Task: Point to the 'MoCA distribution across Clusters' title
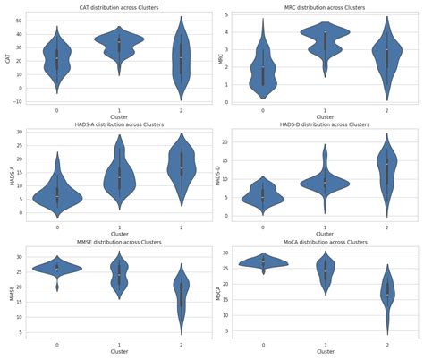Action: click(x=325, y=242)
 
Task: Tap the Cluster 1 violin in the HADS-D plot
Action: click(x=325, y=182)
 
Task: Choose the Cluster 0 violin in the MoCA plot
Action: click(x=263, y=261)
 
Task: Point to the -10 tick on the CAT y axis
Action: click(x=20, y=101)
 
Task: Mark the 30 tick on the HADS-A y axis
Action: click(x=19, y=133)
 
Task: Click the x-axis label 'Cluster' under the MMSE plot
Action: click(x=119, y=352)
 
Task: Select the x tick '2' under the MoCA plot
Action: click(x=386, y=344)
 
